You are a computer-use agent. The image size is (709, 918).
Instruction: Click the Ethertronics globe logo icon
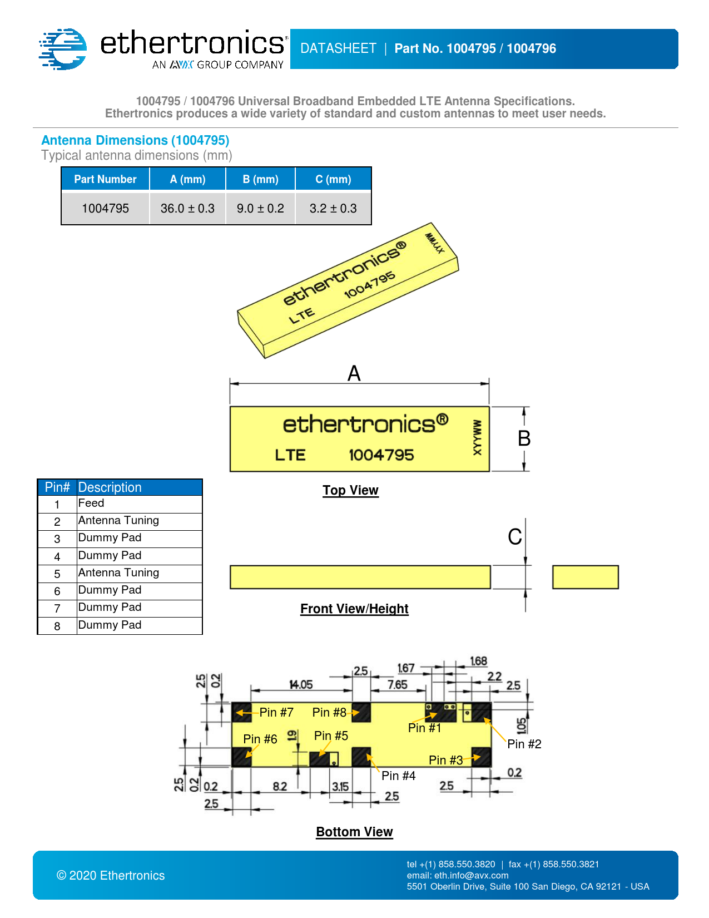pos(63,49)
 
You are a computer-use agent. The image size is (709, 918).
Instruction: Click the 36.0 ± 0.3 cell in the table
pos(187,209)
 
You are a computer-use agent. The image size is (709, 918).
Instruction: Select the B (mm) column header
pos(260,179)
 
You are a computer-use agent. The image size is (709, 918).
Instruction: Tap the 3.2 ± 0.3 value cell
pos(333,209)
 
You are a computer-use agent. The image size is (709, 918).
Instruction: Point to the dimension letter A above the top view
pos(354,373)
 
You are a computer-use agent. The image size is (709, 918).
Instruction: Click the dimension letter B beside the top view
pos(524,438)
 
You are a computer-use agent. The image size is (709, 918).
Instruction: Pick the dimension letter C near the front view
pos(515,537)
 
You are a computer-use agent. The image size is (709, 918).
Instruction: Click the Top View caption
pos(350,490)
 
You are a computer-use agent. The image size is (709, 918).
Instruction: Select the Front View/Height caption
pos(354,609)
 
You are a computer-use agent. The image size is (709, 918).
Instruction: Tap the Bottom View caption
pos(354,832)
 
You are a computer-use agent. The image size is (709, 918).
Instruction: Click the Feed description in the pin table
pos(91,504)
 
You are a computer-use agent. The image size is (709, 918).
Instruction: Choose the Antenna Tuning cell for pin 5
pos(118,573)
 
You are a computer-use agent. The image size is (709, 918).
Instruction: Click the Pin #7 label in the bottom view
pos(276,712)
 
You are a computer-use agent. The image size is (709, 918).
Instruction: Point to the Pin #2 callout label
pos(524,744)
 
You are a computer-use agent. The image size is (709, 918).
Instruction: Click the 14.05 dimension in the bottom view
pos(301,685)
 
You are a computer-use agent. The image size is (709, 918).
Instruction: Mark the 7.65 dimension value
pos(398,685)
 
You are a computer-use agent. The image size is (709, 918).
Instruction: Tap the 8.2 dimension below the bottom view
pos(280,787)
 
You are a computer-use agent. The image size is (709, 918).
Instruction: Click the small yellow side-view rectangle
pos(585,577)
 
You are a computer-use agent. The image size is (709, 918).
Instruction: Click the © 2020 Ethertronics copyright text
pos(111,876)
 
